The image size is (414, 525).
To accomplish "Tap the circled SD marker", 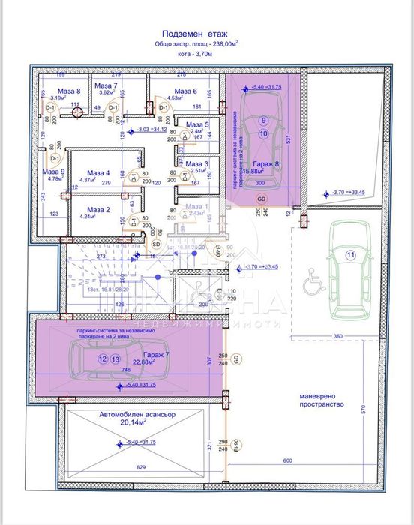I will (156, 244).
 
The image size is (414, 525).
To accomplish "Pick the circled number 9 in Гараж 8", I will (263, 120).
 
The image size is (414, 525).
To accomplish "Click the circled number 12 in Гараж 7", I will (102, 358).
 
